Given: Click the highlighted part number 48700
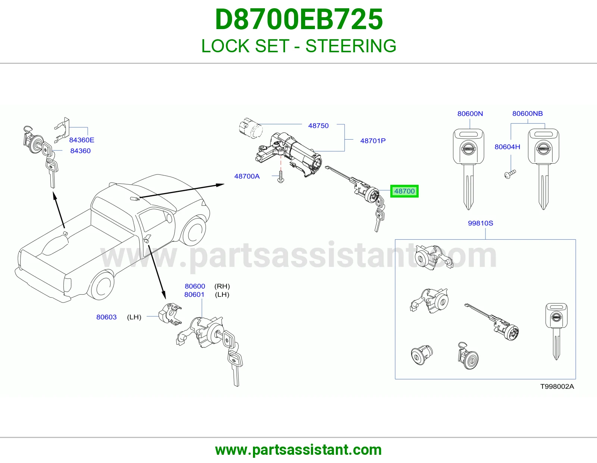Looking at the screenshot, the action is click(404, 191).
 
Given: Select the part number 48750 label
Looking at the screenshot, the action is click(318, 126).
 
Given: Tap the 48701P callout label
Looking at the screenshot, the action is click(373, 141).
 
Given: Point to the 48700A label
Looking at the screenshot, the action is click(247, 176).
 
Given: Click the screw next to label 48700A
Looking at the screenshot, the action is click(281, 177).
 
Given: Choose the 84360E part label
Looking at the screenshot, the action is click(82, 140).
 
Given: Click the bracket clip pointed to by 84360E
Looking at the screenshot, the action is click(62, 130).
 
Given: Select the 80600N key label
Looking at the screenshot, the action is click(470, 114).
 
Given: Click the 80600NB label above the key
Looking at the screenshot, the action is click(528, 114).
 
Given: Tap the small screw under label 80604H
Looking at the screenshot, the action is click(510, 174).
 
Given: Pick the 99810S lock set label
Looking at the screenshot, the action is click(481, 223).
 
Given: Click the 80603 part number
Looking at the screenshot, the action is click(106, 317).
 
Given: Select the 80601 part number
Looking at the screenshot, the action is click(194, 295).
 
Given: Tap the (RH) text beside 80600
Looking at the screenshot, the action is click(222, 286).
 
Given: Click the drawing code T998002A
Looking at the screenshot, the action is click(557, 386).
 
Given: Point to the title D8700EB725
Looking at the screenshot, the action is click(298, 19).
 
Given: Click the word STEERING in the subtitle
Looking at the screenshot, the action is click(351, 46).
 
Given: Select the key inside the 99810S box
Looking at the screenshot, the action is click(556, 331).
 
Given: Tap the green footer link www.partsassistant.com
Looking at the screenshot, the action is click(298, 450).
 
